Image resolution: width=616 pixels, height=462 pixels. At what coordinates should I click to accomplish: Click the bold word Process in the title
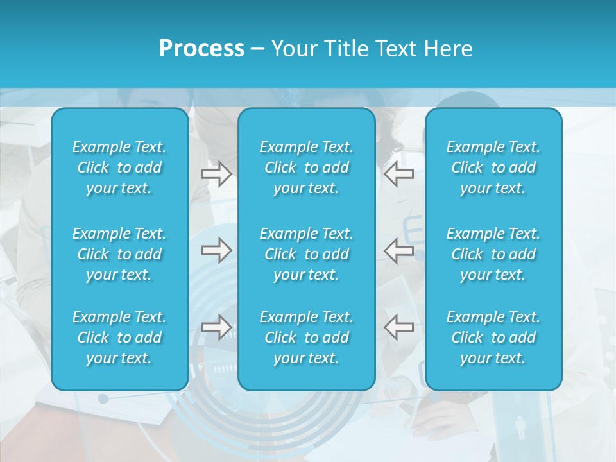(x=201, y=49)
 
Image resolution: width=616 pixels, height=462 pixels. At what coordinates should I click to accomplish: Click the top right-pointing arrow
(x=216, y=174)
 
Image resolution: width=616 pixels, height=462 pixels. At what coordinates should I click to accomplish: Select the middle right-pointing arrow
(x=216, y=250)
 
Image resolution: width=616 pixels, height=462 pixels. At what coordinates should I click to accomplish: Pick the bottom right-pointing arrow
(x=216, y=327)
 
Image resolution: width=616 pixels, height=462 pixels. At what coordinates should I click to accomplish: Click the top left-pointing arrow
(x=399, y=174)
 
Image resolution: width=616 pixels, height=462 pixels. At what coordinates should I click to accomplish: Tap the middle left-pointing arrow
(x=399, y=250)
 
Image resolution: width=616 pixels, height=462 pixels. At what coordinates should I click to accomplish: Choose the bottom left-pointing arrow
(x=399, y=327)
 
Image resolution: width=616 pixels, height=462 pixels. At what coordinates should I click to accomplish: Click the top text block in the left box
(x=119, y=167)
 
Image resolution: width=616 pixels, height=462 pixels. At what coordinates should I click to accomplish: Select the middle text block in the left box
(x=119, y=254)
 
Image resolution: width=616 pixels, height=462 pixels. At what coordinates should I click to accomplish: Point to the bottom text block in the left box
(x=119, y=338)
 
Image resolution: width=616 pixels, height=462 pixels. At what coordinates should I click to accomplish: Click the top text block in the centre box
(x=306, y=167)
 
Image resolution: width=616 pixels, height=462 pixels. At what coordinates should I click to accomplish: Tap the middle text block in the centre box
(x=306, y=254)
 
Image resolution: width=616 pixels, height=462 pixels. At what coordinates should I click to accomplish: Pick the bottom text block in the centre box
(x=306, y=338)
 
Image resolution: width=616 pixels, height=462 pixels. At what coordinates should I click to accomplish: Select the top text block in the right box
(x=493, y=167)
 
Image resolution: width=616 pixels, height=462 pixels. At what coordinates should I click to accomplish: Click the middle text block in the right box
(x=493, y=254)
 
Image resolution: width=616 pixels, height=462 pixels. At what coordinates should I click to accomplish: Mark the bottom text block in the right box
(x=493, y=338)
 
